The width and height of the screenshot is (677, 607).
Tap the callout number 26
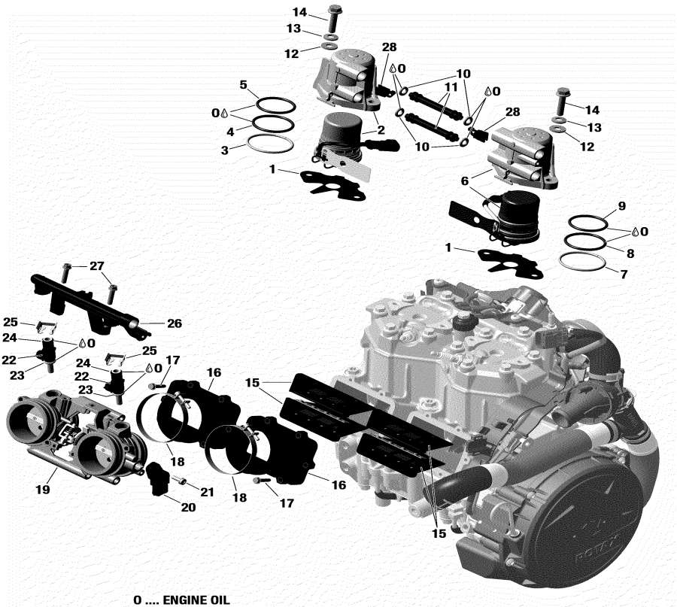[x=175, y=324]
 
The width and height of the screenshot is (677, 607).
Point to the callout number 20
[x=187, y=508]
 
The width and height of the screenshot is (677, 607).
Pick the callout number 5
[x=243, y=85]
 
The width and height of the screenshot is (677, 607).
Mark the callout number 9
[x=621, y=205]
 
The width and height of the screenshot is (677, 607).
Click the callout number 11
[x=450, y=87]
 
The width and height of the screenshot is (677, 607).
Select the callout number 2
[x=381, y=129]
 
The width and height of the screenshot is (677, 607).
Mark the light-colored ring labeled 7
[x=583, y=263]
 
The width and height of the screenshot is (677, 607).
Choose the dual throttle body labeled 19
[x=71, y=436]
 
